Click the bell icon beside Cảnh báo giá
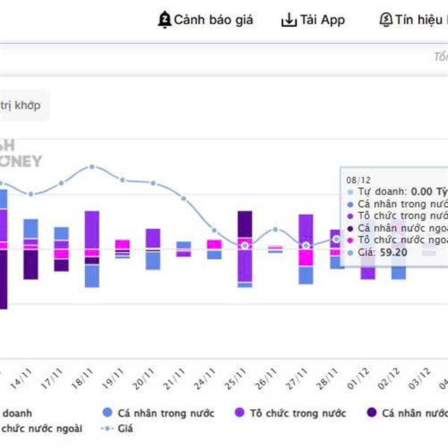click(x=164, y=20)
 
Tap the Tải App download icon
click(x=289, y=20)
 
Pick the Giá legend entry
click(x=124, y=429)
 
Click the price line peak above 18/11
click(x=92, y=167)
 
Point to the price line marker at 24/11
click(x=214, y=231)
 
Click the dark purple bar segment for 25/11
click(x=245, y=224)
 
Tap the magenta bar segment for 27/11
click(x=306, y=256)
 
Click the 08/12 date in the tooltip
click(x=358, y=180)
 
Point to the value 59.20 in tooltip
click(x=393, y=252)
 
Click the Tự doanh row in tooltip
click(x=388, y=191)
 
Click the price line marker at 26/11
click(x=276, y=229)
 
